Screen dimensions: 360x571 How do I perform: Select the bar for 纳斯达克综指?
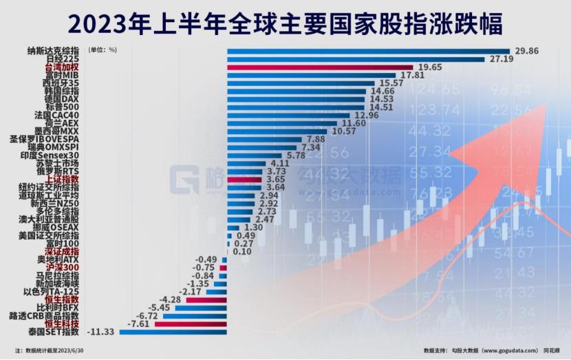[368, 51]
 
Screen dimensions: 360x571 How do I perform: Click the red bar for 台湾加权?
[320, 67]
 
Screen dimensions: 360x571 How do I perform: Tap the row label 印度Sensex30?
[54, 155]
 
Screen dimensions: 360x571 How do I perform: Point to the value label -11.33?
[102, 332]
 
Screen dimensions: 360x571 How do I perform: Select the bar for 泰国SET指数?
[173, 332]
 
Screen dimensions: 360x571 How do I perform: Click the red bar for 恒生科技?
[191, 324]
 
